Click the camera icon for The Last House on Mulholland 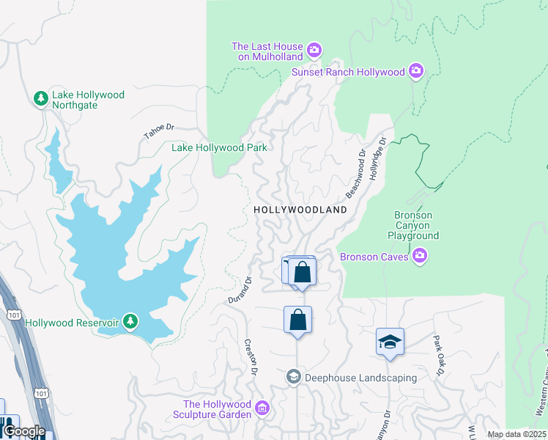[x=314, y=51]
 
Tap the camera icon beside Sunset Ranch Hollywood [x=416, y=71]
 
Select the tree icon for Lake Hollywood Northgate [x=42, y=98]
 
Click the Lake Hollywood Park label [x=219, y=147]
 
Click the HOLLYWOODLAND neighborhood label [x=300, y=210]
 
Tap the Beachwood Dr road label [x=355, y=175]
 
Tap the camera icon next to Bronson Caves [x=419, y=256]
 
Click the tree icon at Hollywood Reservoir [x=130, y=321]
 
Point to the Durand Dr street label [x=239, y=290]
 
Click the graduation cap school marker [x=390, y=342]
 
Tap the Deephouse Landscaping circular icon [x=294, y=377]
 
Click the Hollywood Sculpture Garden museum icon [x=262, y=406]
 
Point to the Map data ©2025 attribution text [x=516, y=434]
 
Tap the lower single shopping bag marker [x=297, y=320]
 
